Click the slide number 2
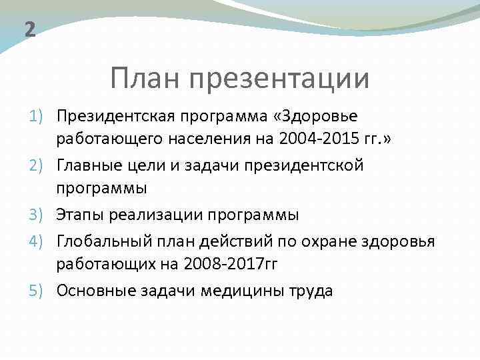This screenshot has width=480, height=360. coord(29,30)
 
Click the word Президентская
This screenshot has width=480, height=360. coord(112,117)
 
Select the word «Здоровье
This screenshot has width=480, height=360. coord(315,117)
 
